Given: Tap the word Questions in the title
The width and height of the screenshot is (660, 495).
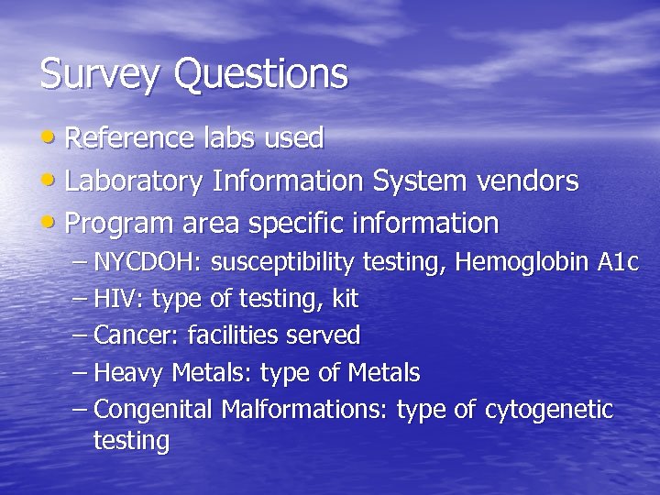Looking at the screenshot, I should coord(260,74).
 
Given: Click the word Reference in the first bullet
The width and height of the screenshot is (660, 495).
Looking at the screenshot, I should coord(129,138).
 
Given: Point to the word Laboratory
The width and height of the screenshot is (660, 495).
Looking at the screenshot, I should coord(135,181).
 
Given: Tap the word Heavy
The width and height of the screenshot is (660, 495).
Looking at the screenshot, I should coord(127,373).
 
